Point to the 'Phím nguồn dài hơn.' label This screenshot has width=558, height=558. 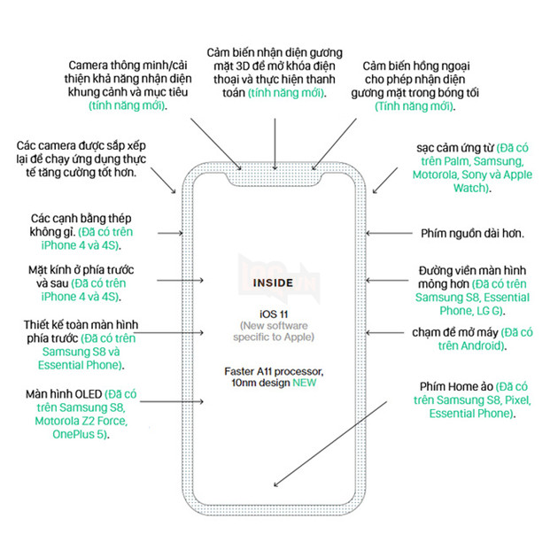pos(471,234)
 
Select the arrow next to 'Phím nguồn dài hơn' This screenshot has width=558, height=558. pos(387,234)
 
